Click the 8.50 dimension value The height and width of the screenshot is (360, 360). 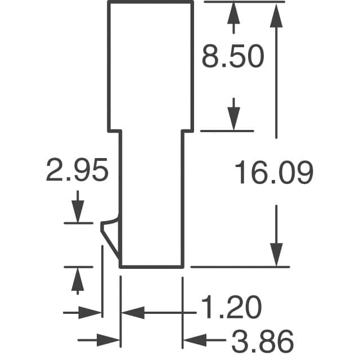[233, 56]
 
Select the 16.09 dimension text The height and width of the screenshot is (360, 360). [274, 172]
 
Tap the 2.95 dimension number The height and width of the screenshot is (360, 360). [77, 170]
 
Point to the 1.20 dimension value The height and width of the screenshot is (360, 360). [231, 307]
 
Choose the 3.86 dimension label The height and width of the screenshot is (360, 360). [263, 341]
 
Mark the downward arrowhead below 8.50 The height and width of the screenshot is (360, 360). [234, 119]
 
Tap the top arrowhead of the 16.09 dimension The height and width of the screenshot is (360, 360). [276, 16]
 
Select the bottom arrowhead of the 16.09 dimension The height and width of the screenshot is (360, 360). [276, 255]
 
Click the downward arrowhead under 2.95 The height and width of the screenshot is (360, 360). [78, 211]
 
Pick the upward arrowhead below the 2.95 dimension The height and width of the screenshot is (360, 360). [78, 279]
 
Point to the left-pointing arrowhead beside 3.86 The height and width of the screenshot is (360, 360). [195, 340]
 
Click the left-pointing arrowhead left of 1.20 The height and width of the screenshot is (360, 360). [133, 313]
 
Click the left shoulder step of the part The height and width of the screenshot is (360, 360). [115, 131]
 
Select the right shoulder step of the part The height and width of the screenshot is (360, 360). [187, 131]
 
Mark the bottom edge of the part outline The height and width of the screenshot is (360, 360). [151, 267]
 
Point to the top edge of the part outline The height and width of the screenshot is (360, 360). [151, 2]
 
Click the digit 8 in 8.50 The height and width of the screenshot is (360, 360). [210, 56]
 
